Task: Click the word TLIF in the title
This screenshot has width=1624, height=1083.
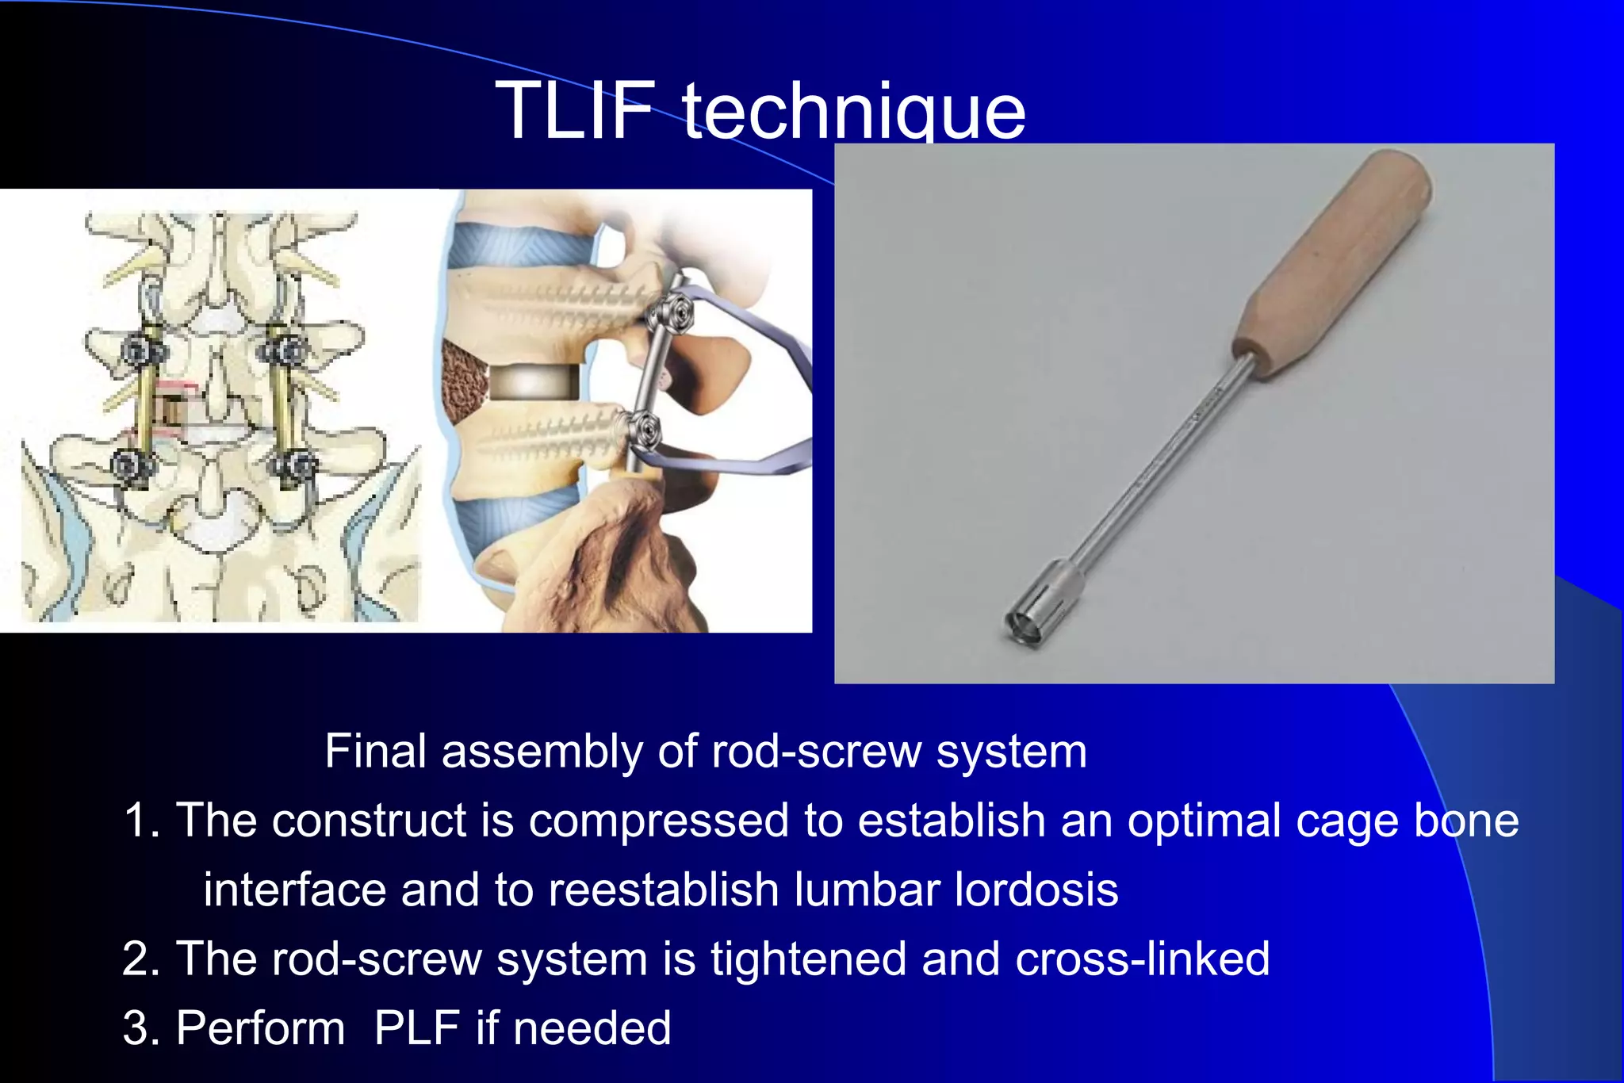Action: pyautogui.click(x=575, y=111)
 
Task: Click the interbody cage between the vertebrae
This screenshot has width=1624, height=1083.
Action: pyautogui.click(x=534, y=383)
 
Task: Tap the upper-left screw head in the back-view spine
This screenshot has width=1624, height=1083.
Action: pyautogui.click(x=144, y=350)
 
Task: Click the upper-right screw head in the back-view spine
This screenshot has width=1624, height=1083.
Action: pyautogui.click(x=285, y=349)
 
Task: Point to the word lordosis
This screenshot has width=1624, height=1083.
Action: pyautogui.click(x=1036, y=890)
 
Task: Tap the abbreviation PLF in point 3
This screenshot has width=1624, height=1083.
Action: pyautogui.click(x=416, y=1028)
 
